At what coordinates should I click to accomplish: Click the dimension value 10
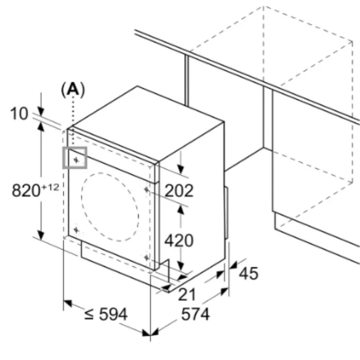[x=19, y=114]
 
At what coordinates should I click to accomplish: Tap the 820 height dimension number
[x=26, y=191]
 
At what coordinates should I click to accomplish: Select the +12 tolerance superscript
[x=50, y=187]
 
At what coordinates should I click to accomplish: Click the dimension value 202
[x=179, y=191]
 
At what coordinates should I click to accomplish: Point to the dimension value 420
[x=179, y=241]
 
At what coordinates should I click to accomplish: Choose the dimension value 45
[x=249, y=273]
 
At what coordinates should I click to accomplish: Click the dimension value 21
[x=187, y=295]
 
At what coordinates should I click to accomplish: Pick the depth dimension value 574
[x=195, y=314]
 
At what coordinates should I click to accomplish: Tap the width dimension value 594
[x=113, y=314]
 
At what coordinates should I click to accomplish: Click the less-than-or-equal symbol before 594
[x=89, y=314]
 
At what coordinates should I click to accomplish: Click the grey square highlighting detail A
[x=75, y=147]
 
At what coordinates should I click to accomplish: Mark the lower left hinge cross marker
[x=76, y=229]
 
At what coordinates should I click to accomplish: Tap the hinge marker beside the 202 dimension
[x=147, y=190]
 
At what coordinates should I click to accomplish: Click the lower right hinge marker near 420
[x=147, y=258]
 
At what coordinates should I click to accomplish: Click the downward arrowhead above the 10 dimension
[x=41, y=111]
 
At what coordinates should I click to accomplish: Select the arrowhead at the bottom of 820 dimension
[x=41, y=235]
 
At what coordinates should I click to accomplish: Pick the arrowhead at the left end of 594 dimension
[x=67, y=304]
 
